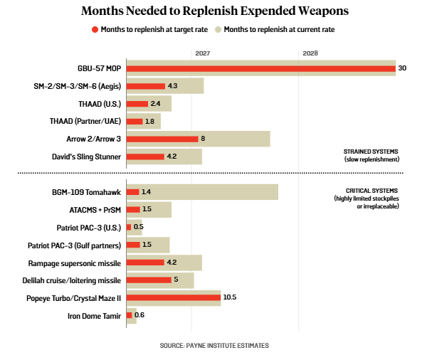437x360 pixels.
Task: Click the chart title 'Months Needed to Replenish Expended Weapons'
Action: (218, 12)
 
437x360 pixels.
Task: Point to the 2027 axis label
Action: (201, 53)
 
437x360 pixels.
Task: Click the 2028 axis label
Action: (310, 53)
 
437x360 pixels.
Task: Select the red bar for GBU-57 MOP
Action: (260, 69)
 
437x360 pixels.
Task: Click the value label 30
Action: (403, 69)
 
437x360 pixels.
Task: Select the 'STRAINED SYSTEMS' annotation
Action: (370, 152)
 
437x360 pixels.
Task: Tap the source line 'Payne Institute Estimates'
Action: (214, 346)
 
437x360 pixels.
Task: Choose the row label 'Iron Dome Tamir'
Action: (95, 315)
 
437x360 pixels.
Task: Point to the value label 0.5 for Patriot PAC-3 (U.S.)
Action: (139, 227)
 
